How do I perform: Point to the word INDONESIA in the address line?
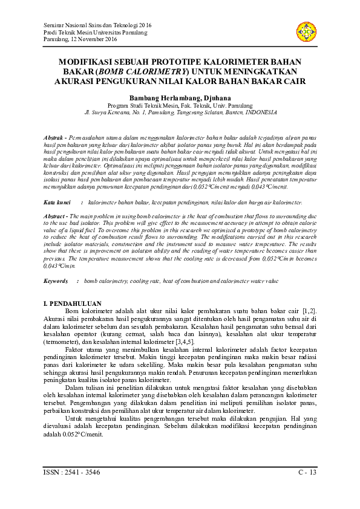point(259,112)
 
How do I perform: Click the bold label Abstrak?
point(55,138)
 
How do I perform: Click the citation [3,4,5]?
point(167,342)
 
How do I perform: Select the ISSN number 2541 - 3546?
point(80,472)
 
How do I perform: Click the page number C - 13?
point(307,472)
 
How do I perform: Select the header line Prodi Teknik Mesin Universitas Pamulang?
point(95,32)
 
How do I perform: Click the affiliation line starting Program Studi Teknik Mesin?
point(180,105)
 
